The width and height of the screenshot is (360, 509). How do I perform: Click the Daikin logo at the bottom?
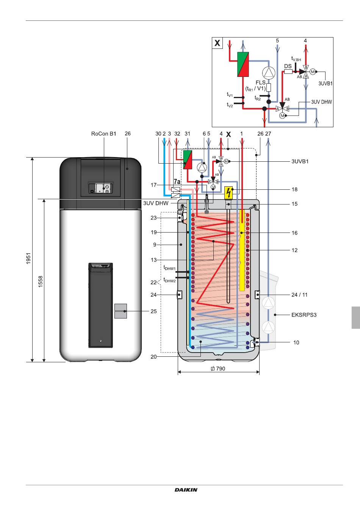[186, 490]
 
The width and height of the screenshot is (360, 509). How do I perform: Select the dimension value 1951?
[28, 258]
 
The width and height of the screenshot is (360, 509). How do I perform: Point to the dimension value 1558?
[41, 281]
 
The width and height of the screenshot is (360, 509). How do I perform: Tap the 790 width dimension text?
[218, 368]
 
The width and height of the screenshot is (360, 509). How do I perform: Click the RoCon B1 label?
[103, 134]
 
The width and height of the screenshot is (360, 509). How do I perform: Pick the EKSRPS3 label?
[304, 315]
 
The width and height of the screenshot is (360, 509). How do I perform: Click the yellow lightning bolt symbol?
[229, 193]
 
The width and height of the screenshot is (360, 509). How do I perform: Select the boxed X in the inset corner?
[217, 43]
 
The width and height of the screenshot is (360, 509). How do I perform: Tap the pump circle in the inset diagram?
[269, 72]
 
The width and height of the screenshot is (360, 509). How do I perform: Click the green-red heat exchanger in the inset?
[243, 64]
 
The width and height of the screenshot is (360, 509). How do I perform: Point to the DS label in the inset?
[288, 66]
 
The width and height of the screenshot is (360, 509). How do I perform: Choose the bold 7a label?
[177, 181]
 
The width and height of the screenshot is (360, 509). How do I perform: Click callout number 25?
[154, 311]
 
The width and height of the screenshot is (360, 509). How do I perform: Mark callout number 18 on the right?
[294, 189]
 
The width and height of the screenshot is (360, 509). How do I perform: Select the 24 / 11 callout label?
[299, 295]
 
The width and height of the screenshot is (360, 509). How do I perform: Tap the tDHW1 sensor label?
[169, 268]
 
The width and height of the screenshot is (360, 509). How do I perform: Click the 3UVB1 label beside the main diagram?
[300, 162]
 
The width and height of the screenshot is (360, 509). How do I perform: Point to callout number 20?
[153, 357]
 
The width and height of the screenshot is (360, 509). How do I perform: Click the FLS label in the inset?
[261, 83]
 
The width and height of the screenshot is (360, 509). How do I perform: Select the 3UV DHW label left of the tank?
[156, 203]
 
